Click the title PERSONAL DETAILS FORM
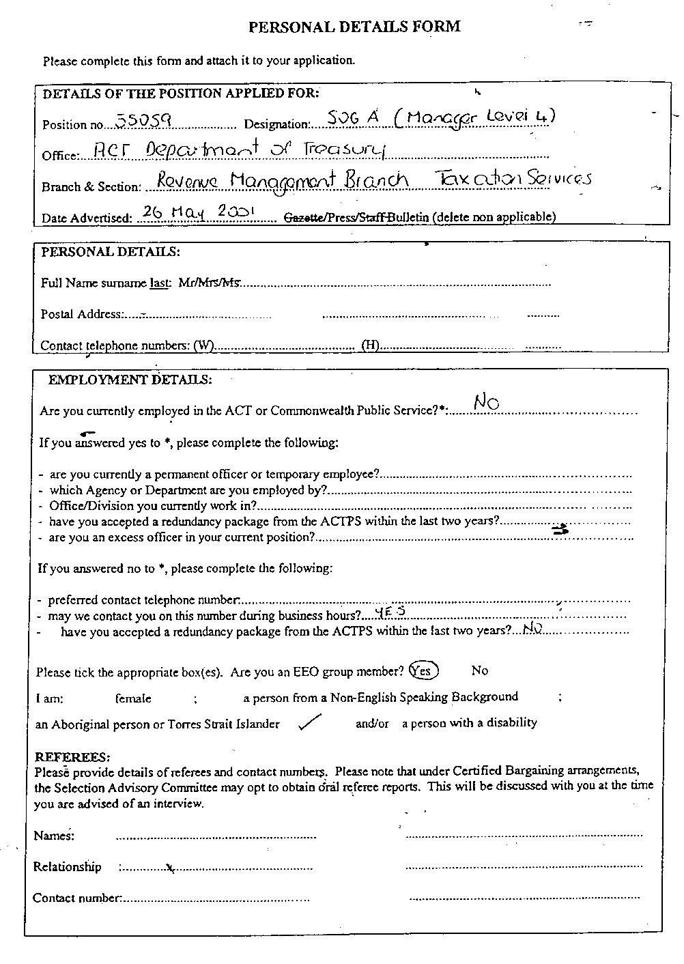click(x=354, y=27)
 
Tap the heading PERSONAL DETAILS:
click(x=111, y=252)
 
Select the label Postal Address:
click(x=81, y=315)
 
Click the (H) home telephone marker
click(x=370, y=345)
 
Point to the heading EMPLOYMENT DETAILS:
click(x=130, y=380)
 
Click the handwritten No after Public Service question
click(x=486, y=403)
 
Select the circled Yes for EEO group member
click(x=423, y=671)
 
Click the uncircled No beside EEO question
click(x=480, y=671)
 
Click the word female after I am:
click(x=133, y=698)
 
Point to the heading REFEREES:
click(x=72, y=757)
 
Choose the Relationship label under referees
click(x=68, y=867)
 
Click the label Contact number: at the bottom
click(x=77, y=898)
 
